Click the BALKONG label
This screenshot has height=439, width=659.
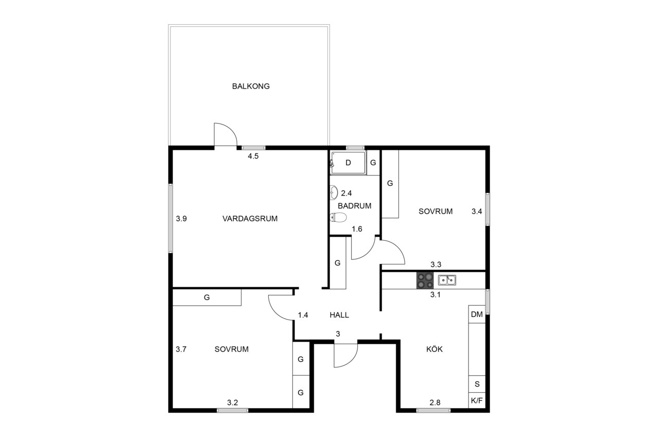click(x=251, y=86)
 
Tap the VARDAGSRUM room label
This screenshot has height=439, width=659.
click(x=250, y=219)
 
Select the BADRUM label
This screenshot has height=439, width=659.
click(x=354, y=206)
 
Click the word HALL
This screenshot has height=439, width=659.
click(x=339, y=315)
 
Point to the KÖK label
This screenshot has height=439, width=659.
click(x=434, y=349)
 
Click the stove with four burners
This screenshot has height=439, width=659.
click(x=425, y=280)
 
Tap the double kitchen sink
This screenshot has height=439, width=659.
click(x=447, y=280)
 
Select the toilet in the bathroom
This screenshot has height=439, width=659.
click(x=338, y=217)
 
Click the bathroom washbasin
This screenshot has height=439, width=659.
click(x=334, y=192)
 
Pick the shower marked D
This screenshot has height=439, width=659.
click(x=348, y=163)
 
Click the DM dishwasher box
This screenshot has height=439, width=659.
click(x=477, y=314)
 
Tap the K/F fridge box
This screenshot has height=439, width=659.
click(x=477, y=400)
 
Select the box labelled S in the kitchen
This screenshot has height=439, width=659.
click(x=477, y=384)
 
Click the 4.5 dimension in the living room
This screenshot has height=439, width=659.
click(x=253, y=156)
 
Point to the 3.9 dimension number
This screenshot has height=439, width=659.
click(x=181, y=219)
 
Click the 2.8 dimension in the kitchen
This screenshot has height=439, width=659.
click(x=435, y=402)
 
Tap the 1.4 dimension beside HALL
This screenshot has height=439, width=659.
click(x=303, y=315)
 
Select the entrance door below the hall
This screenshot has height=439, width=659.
click(x=345, y=355)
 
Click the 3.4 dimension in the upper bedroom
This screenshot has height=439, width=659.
click(x=477, y=211)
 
